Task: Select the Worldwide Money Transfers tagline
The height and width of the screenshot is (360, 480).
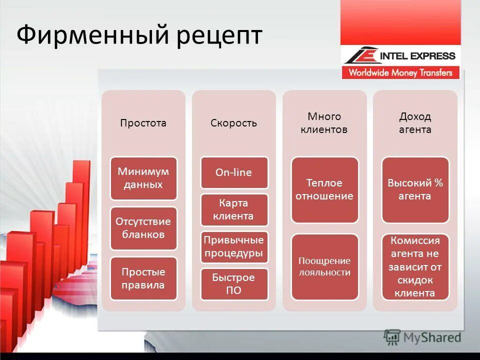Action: [400, 72]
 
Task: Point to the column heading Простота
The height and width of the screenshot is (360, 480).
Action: [143, 123]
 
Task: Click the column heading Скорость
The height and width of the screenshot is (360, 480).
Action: [233, 123]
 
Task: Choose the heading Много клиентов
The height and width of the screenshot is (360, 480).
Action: [324, 123]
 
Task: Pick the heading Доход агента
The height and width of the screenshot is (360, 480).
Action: [414, 123]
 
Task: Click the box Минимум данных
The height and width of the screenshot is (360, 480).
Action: [143, 178]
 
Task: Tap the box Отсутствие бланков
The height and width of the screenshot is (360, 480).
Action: [143, 228]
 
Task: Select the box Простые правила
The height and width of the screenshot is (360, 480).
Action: [143, 278]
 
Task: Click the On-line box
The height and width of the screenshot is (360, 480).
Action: [234, 172]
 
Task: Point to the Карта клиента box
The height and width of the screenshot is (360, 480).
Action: [234, 209]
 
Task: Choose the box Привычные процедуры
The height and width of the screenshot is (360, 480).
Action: [234, 246]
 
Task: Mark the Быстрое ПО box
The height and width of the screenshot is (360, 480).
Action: [234, 283]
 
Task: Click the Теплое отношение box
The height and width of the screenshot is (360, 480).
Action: [324, 189]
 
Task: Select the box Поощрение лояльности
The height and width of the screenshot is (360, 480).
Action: [324, 266]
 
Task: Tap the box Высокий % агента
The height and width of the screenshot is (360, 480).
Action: [415, 189]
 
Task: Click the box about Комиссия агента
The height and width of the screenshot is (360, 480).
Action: [415, 266]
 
